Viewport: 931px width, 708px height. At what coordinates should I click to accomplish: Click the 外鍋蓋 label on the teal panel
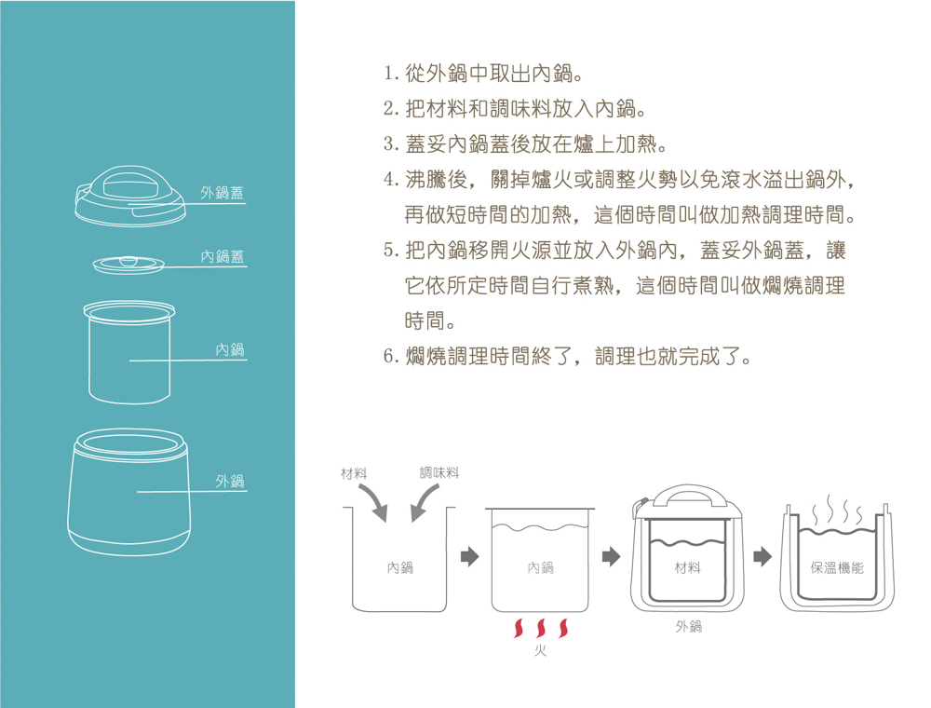coord(223,193)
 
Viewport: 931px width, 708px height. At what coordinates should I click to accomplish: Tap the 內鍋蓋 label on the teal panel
coord(223,256)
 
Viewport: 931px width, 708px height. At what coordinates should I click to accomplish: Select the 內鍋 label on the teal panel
coord(230,349)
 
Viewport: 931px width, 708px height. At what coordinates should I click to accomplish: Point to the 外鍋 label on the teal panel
coord(230,481)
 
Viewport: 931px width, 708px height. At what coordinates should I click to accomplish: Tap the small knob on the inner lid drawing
coord(128,261)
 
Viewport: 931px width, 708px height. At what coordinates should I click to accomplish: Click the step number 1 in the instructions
coord(387,74)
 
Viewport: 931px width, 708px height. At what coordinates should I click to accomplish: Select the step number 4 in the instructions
coord(389,179)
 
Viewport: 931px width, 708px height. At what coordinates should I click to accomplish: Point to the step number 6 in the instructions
coord(389,356)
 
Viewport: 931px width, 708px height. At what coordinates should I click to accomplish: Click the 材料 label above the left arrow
coord(353,473)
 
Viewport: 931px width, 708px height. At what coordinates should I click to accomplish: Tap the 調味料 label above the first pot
coord(439,473)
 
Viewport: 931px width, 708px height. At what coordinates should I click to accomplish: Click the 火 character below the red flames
coord(540,650)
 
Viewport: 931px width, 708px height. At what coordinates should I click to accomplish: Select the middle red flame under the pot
coord(540,628)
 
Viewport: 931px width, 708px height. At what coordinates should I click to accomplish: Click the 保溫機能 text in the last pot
coord(837,568)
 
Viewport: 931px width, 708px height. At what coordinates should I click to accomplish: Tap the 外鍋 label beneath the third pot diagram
coord(689,626)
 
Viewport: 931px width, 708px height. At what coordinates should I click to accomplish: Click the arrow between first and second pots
coord(469,556)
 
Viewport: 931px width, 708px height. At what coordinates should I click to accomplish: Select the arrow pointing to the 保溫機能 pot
coord(762,556)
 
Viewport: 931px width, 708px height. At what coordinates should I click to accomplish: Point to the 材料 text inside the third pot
coord(688,568)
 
